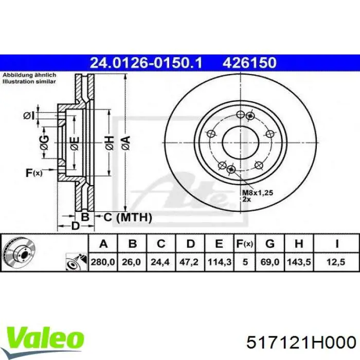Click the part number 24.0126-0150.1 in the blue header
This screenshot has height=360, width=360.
coord(147,63)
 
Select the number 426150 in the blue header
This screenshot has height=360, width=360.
coord(249,63)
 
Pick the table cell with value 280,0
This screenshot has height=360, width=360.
coord(103,262)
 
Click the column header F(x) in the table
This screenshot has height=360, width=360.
coord(244,243)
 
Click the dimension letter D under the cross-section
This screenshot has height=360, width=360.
coord(75,226)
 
